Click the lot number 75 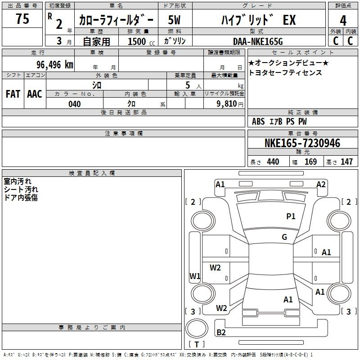pyautogui.click(x=22, y=18)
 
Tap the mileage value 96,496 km pyautogui.click(x=55, y=65)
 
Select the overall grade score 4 pyautogui.click(x=343, y=21)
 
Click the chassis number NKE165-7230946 pyautogui.click(x=302, y=143)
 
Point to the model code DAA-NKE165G pyautogui.click(x=258, y=41)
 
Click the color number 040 pyautogui.click(x=74, y=104)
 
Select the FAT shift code pyautogui.click(x=13, y=94)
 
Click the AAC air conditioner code pyautogui.click(x=35, y=94)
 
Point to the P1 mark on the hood pyautogui.click(x=291, y=216)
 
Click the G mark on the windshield pyautogui.click(x=284, y=237)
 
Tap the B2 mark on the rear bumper pyautogui.click(x=221, y=332)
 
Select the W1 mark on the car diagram pyautogui.click(x=195, y=276)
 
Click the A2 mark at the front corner pyautogui.click(x=321, y=184)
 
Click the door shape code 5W pyautogui.click(x=174, y=20)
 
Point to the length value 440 pyautogui.click(x=273, y=162)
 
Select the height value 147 pyautogui.click(x=346, y=162)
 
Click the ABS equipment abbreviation pyautogui.click(x=258, y=121)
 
